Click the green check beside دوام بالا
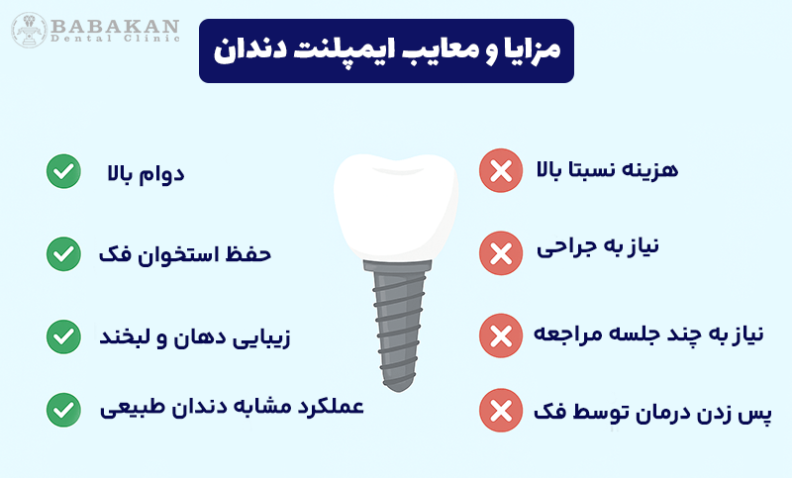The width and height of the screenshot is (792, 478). pos(63,171)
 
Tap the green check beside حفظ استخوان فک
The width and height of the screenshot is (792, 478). pos(63,253)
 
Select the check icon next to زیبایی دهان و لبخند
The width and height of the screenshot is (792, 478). pos(63,335)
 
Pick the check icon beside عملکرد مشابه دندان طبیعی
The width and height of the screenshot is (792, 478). pos(63,407)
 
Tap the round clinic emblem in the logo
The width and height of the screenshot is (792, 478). pos(29,30)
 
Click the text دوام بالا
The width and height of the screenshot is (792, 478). pos(147,174)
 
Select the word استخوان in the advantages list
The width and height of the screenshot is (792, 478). pos(179,254)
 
